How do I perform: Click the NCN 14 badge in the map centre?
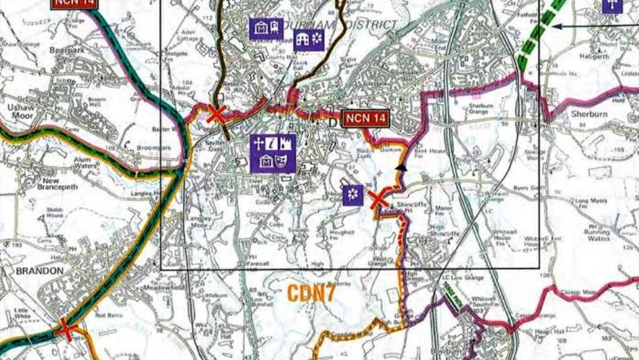(x=366, y=119)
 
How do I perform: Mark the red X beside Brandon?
(x=65, y=329)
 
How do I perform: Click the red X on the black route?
(x=216, y=114)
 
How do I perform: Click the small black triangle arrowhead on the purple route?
(x=402, y=166)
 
